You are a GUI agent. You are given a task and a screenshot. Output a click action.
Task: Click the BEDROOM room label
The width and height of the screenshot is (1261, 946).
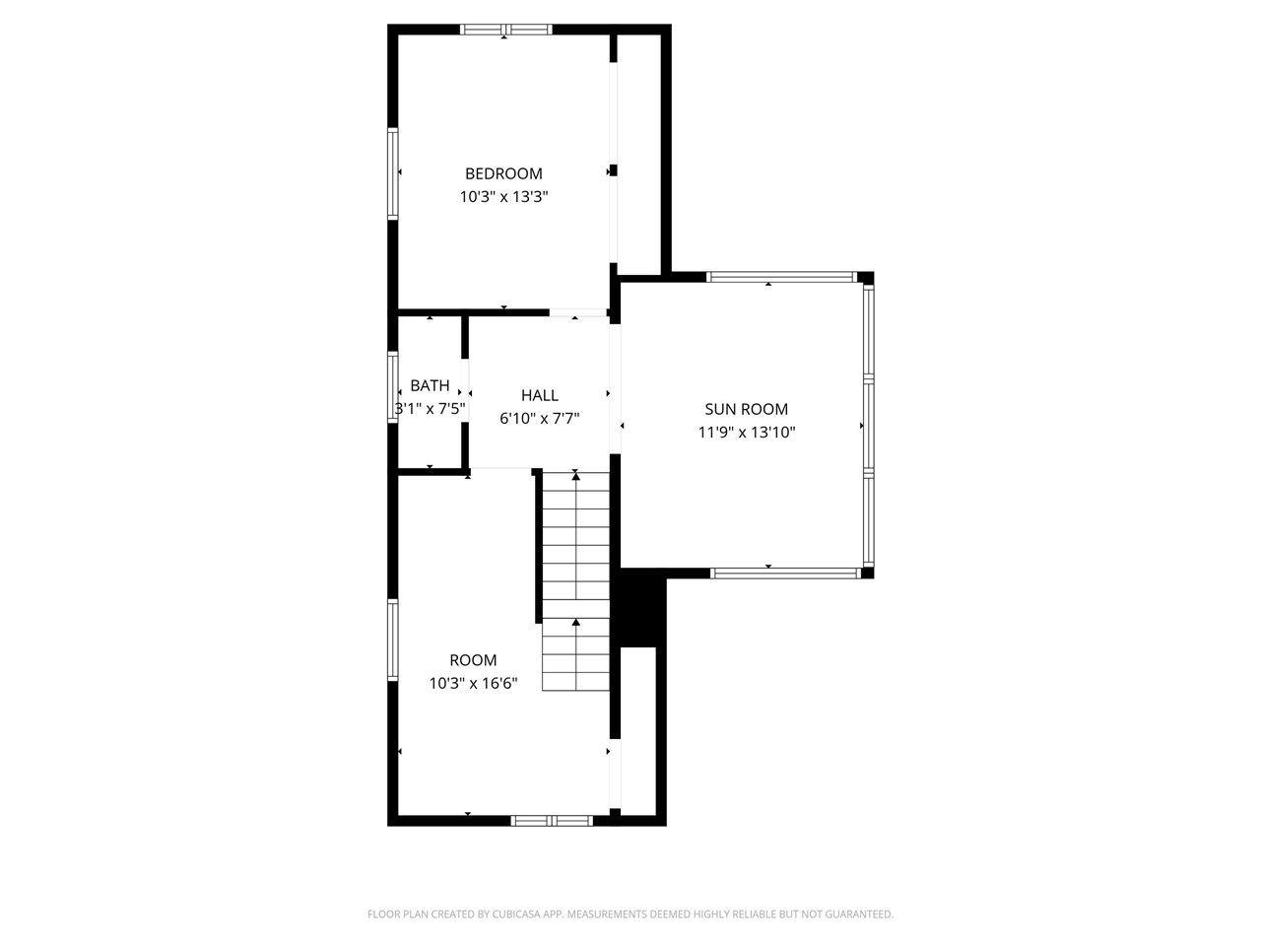click(503, 173)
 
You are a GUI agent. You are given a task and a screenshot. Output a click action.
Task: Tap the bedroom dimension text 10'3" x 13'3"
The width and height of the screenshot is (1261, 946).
click(503, 196)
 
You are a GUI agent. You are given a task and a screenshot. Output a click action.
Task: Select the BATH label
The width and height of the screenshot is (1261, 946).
click(430, 385)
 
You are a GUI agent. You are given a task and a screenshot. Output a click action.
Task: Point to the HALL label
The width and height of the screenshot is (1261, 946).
click(540, 395)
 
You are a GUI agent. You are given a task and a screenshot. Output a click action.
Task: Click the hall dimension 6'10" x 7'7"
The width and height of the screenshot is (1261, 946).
click(540, 418)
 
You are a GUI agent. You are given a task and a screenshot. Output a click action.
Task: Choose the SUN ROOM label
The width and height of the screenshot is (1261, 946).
click(746, 409)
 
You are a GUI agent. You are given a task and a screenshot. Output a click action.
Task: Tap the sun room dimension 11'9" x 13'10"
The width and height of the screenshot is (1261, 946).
click(746, 432)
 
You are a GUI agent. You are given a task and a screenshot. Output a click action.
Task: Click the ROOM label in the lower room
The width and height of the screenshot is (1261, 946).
click(473, 660)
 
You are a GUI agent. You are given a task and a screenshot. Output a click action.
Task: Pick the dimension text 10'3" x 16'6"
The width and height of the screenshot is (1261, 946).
click(473, 683)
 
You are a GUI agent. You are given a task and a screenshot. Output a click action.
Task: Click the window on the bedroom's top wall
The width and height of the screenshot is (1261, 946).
click(506, 30)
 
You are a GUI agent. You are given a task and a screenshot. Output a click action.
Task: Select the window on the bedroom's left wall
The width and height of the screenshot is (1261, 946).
click(393, 173)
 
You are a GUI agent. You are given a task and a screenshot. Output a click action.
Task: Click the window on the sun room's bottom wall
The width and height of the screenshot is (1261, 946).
click(786, 573)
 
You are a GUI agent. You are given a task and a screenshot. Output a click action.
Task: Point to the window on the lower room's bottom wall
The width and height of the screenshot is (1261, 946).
click(552, 820)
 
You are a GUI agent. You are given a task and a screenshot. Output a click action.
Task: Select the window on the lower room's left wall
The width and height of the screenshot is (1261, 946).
click(393, 641)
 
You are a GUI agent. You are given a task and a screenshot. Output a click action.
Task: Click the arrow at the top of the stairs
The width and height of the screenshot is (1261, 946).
click(576, 477)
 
